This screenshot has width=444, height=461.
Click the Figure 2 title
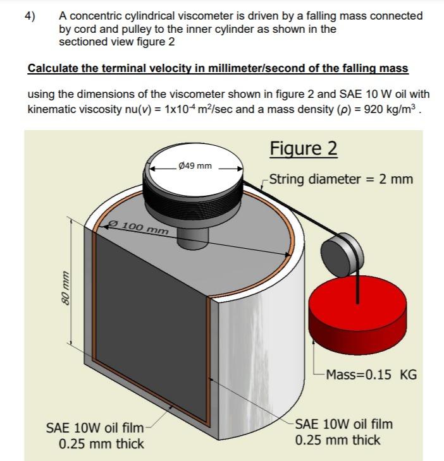click(303, 149)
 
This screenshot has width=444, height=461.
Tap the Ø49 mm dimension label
click(195, 166)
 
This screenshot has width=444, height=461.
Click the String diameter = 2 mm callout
click(342, 179)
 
